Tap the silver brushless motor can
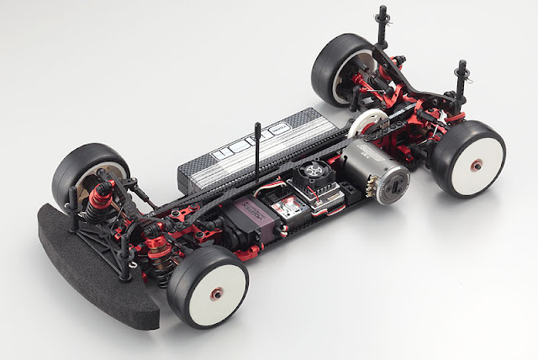370,182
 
